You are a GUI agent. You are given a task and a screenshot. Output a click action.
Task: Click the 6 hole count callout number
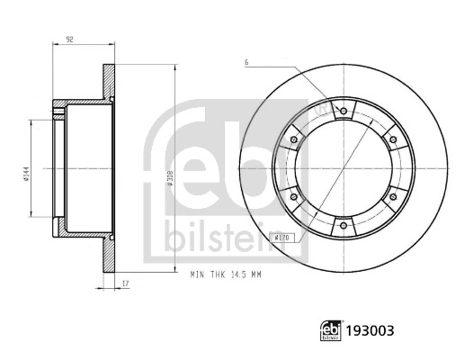point(244,61)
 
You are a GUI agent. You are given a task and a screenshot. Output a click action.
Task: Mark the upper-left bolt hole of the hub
point(295,140)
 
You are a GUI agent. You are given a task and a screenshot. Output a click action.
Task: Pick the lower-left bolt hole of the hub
point(295,198)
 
